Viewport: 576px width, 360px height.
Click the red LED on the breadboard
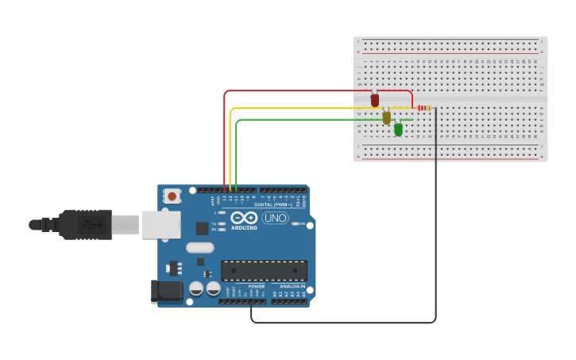pos(375,100)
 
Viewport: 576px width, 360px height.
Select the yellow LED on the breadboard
pos(387,118)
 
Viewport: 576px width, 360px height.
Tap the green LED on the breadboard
pos(398,129)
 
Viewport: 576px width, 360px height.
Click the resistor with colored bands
pos(424,108)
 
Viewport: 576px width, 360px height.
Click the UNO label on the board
pos(275,218)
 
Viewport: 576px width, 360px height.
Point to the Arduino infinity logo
pos(245,218)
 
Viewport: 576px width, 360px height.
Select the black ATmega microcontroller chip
pos(264,271)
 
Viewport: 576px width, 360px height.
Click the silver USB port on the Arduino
pos(161,225)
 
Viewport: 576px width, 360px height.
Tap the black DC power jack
pos(167,290)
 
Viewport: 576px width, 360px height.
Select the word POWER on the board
pos(256,286)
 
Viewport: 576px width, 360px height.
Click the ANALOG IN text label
pos(292,286)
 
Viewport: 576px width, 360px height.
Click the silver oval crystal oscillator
pos(200,247)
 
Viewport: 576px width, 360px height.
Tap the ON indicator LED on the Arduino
pos(296,224)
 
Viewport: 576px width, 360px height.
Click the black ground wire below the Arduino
pos(342,323)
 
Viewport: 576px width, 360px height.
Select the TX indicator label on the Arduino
pos(215,223)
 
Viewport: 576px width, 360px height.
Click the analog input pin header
pos(289,301)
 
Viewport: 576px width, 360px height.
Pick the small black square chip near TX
pos(203,228)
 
